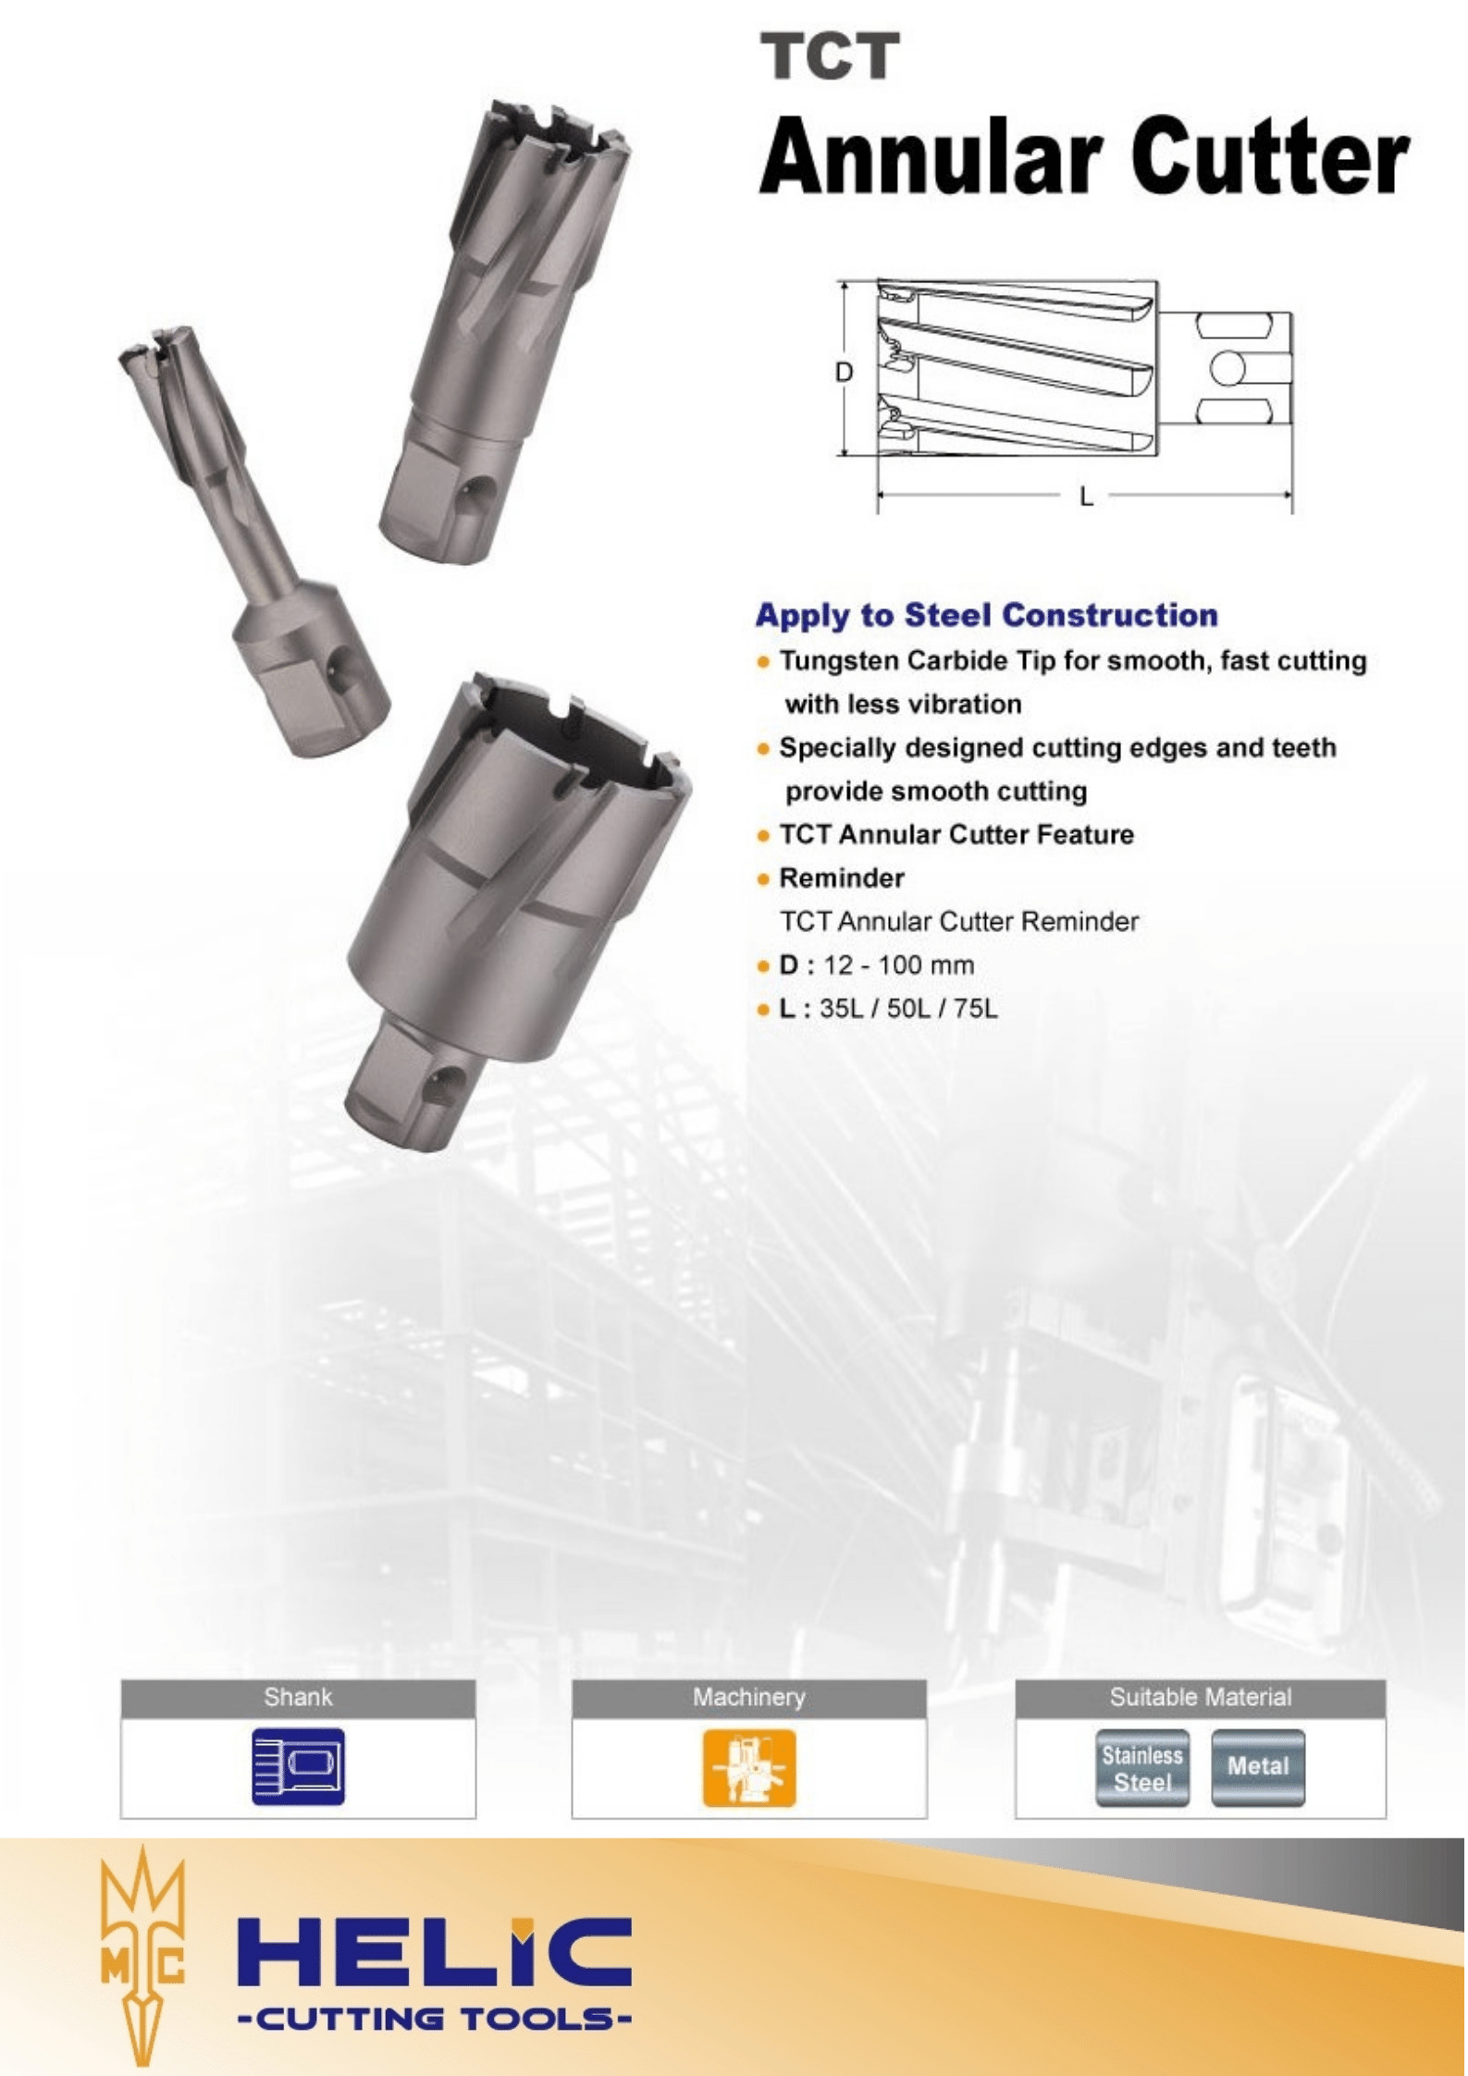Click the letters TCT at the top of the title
pyautogui.click(x=829, y=57)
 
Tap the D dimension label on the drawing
pyautogui.click(x=844, y=372)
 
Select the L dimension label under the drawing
pyautogui.click(x=1085, y=498)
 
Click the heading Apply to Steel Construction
pyautogui.click(x=986, y=616)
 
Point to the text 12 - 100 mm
pyautogui.click(x=898, y=965)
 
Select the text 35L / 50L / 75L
pyautogui.click(x=908, y=1008)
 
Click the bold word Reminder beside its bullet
pyautogui.click(x=841, y=878)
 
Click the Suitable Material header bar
pyautogui.click(x=1200, y=1697)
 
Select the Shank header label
pyautogui.click(x=298, y=1697)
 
